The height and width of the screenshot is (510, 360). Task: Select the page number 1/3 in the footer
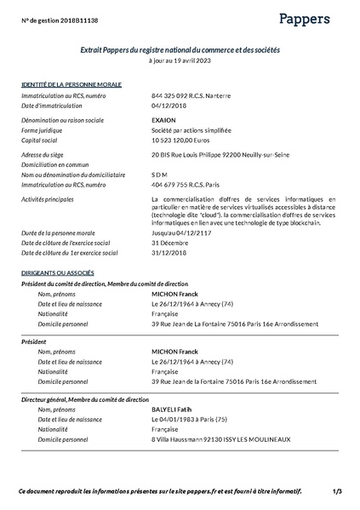(x=338, y=491)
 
